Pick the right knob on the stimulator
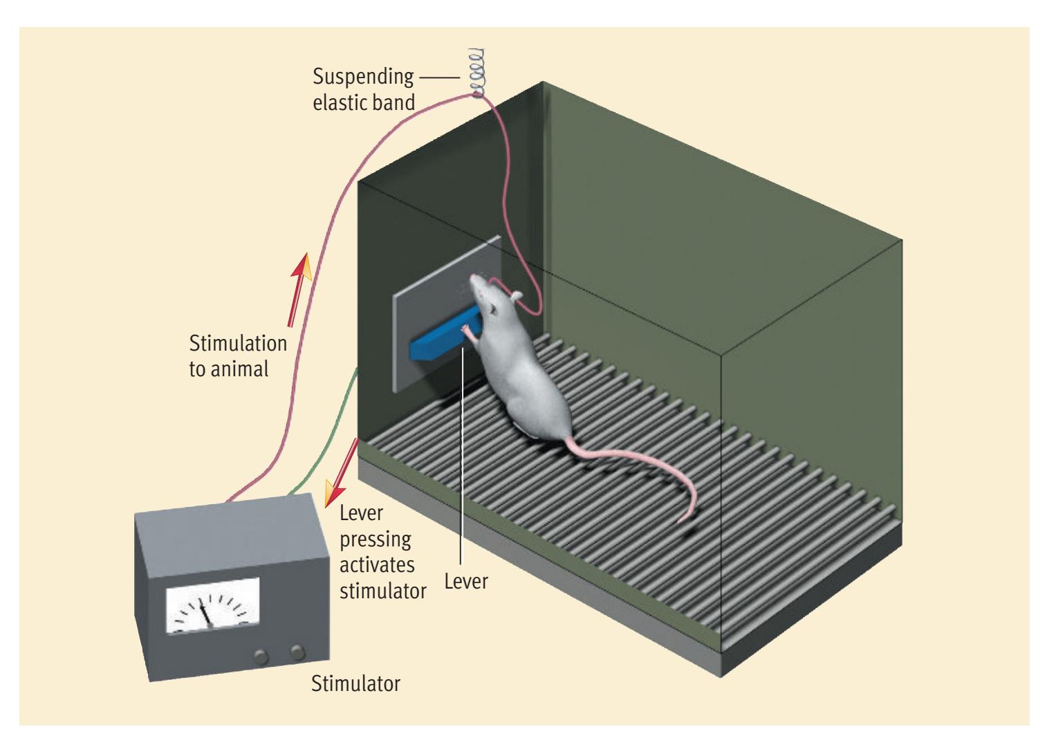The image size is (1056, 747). [x=297, y=651]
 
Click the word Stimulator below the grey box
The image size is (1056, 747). [x=355, y=685]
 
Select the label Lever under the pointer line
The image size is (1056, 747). [x=466, y=582]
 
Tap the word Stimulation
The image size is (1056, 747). [x=238, y=344]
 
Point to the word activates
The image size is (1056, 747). [x=378, y=565]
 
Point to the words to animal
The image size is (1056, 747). [x=229, y=369]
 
